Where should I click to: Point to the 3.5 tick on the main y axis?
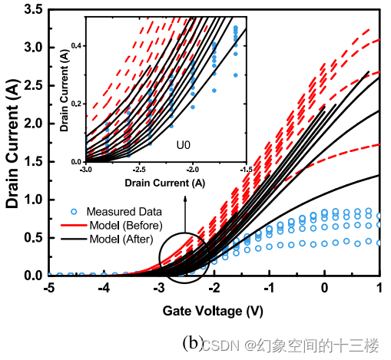coord(32,9)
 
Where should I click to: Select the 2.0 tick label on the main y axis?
coord(32,123)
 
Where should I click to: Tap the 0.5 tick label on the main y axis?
coord(32,237)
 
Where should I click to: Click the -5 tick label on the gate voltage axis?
coord(48,287)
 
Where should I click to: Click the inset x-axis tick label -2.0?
coord(193,170)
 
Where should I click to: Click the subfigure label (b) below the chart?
coord(191,342)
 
